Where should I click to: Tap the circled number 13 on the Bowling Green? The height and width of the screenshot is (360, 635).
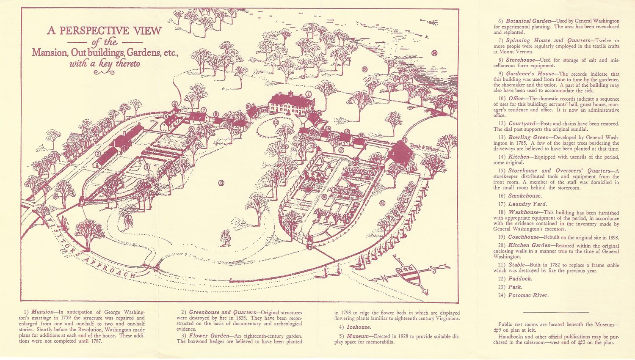point(221,183)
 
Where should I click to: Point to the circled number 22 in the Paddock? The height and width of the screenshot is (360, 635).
point(382,203)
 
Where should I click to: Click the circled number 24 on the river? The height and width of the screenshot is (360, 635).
point(434,53)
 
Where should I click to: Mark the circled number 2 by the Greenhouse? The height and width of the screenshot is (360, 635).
point(98,154)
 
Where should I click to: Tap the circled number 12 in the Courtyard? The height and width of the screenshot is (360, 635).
point(276,123)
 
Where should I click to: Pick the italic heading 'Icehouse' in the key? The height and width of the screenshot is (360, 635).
point(359,327)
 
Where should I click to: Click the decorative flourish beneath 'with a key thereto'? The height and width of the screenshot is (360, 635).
point(104,72)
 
